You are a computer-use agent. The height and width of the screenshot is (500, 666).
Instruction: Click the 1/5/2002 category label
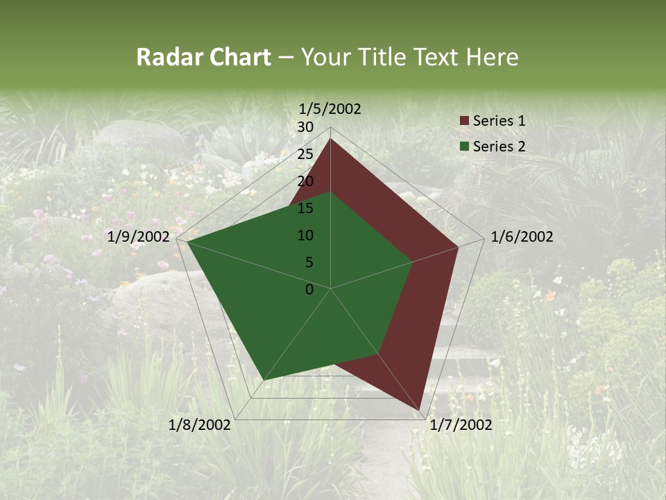pos(330,108)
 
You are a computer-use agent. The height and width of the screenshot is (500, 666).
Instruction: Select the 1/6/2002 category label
pos(522,237)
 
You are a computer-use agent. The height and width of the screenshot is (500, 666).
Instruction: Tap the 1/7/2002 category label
pos(461,425)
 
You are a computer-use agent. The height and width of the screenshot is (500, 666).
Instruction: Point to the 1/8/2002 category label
pos(200,425)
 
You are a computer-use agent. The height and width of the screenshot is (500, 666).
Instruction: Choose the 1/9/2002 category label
pos(139,237)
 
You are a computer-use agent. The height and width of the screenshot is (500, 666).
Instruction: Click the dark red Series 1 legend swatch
pos(464,122)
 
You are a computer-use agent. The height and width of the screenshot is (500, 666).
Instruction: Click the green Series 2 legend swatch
pos(464,147)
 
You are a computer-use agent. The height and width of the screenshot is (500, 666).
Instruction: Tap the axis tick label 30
pos(305,127)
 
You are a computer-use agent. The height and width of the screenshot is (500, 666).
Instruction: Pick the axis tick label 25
pos(305,154)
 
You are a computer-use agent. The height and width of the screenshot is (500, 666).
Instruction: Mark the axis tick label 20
pos(305,181)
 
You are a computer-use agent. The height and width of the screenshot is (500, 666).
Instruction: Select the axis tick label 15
pos(305,208)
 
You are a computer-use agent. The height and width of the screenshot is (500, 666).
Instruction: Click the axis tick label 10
pos(305,235)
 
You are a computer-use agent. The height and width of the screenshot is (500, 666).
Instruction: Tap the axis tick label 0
pos(309,290)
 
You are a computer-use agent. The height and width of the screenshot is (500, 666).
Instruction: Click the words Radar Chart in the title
pos(203,57)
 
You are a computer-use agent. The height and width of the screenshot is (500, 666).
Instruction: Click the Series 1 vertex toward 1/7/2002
pos(420,410)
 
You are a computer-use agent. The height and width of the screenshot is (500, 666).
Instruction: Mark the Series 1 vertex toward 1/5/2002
pos(330,139)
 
